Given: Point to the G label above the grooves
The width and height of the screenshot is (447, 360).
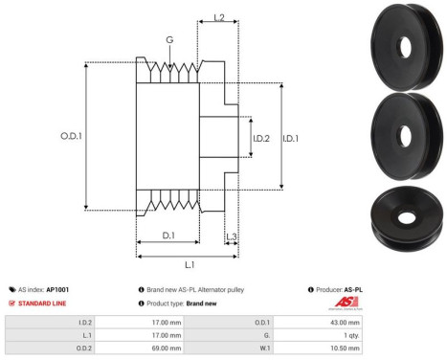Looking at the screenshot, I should point(169,41).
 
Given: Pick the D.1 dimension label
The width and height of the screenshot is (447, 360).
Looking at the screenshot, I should point(167,236).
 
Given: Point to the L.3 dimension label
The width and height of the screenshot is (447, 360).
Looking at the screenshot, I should point(231,236).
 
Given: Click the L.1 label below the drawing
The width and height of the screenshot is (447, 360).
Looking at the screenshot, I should point(190,264).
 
